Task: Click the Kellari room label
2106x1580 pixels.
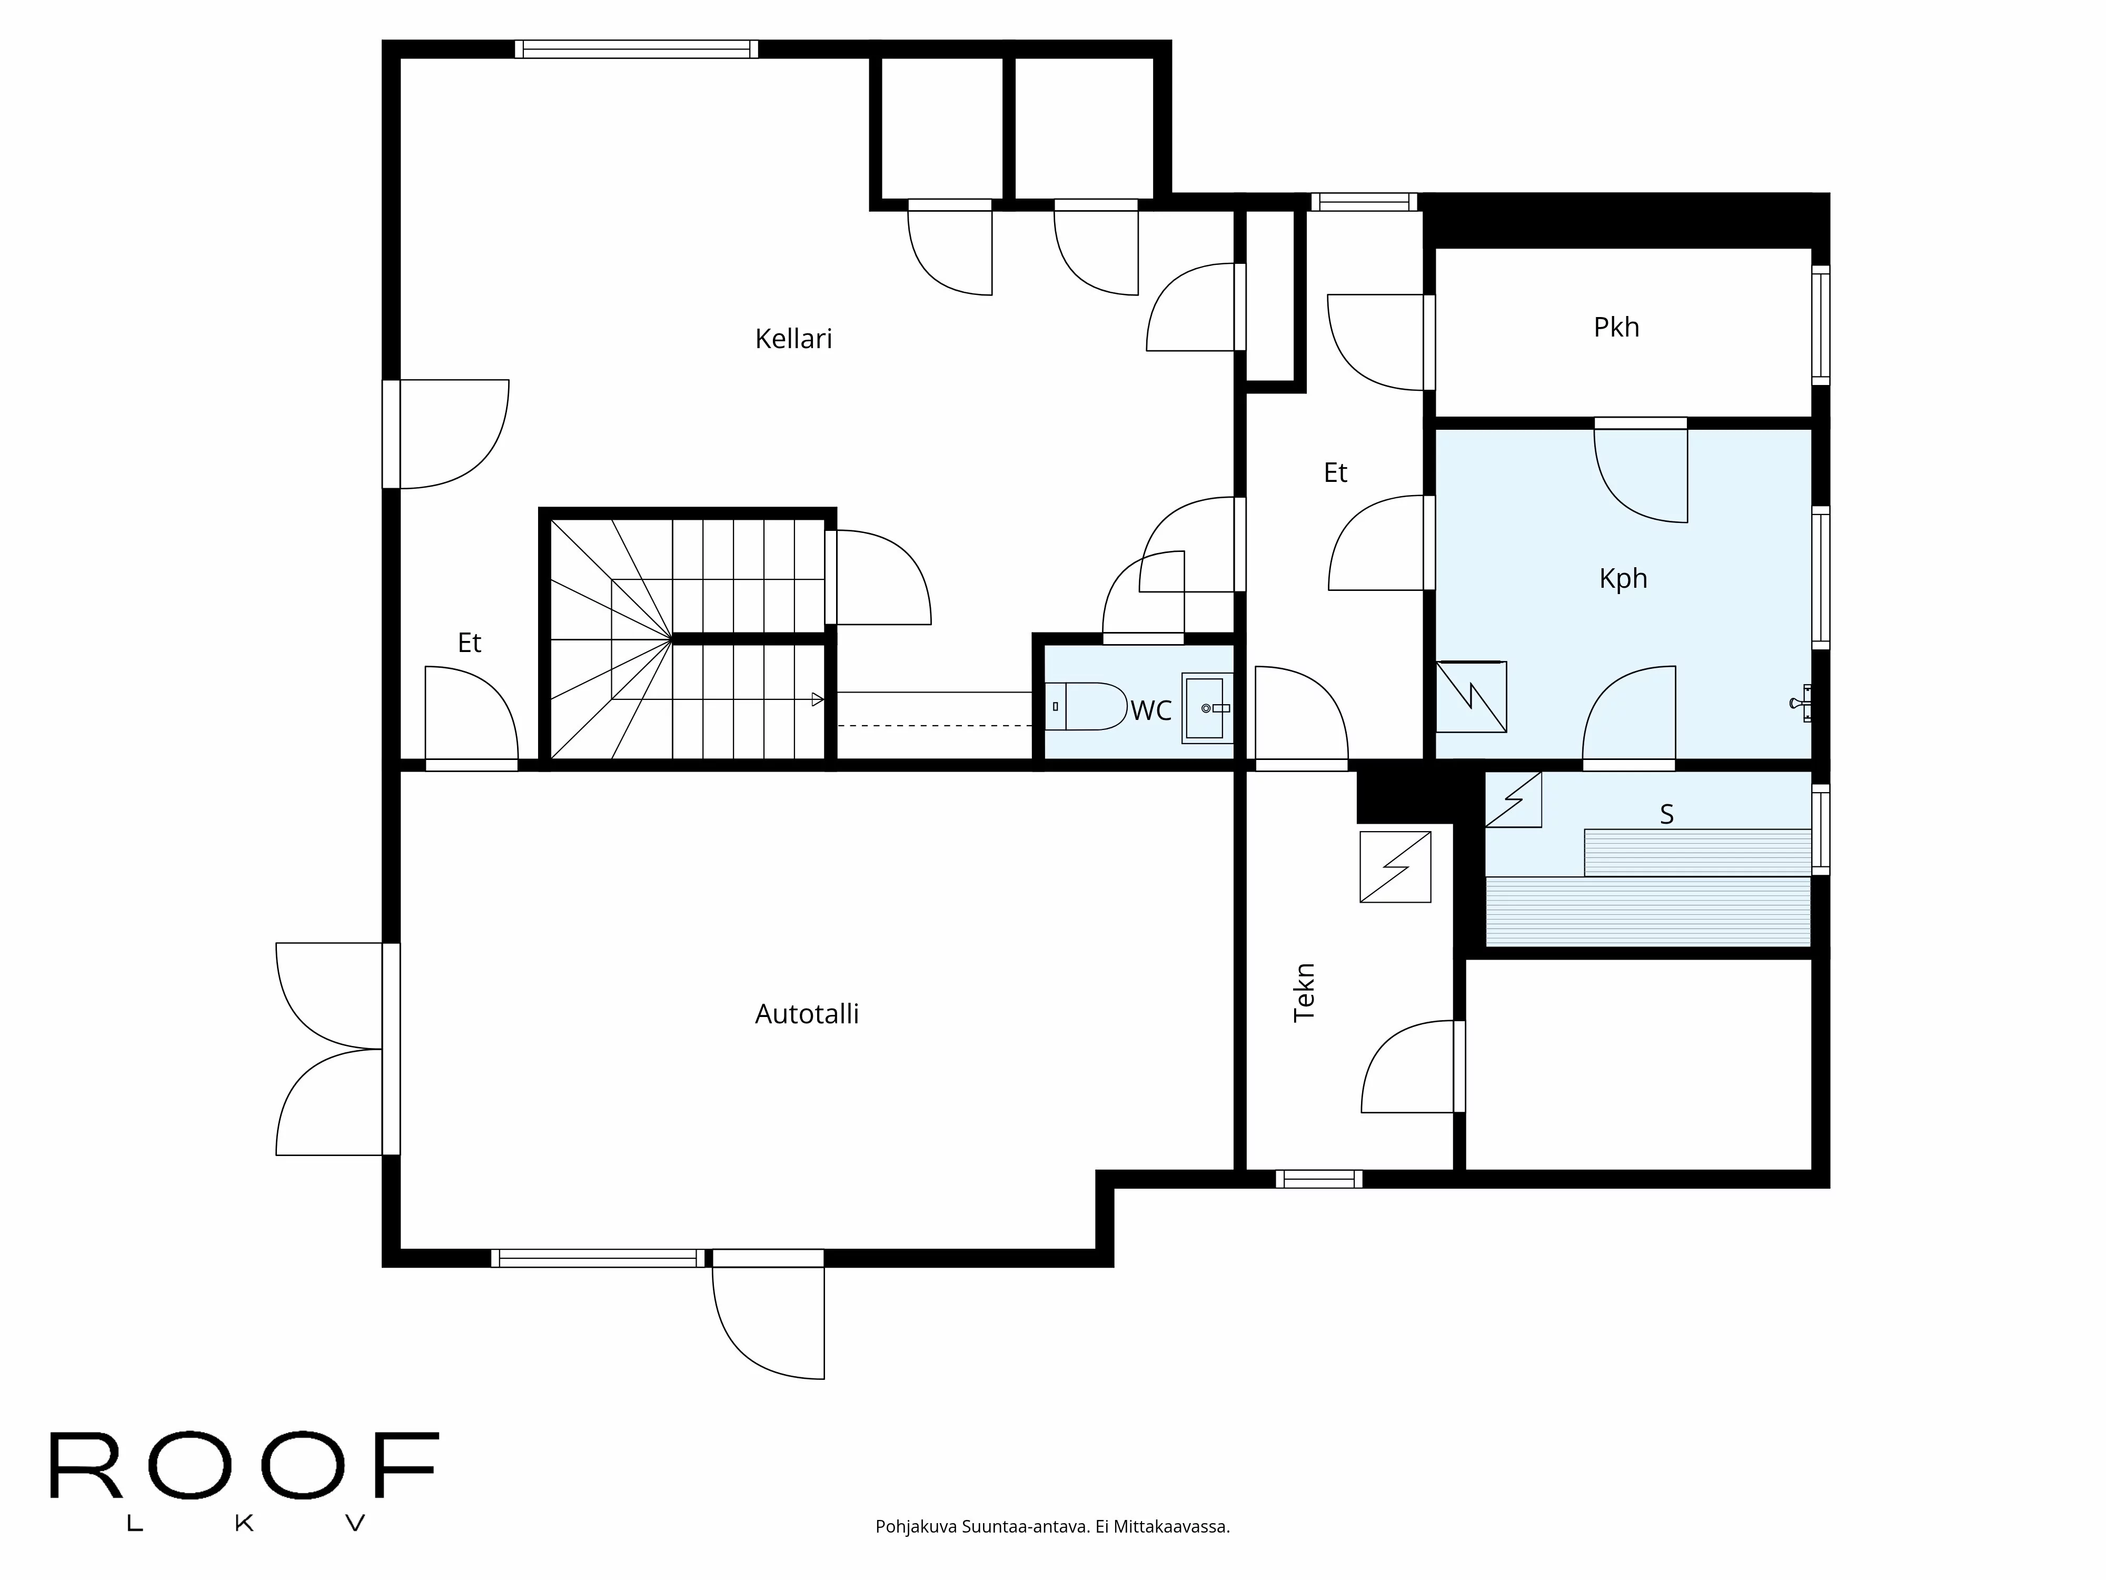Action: [x=793, y=339]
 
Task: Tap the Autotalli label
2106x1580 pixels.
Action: [x=807, y=1014]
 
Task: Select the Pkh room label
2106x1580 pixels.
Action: [x=1616, y=328]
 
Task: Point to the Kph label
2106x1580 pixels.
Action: [x=1622, y=579]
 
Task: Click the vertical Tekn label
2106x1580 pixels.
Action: [x=1304, y=992]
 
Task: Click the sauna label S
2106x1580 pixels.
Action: [x=1666, y=814]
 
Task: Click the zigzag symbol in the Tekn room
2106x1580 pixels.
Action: [x=1395, y=867]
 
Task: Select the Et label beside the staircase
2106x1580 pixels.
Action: [x=470, y=644]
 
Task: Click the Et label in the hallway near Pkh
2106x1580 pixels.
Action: [x=1335, y=473]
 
